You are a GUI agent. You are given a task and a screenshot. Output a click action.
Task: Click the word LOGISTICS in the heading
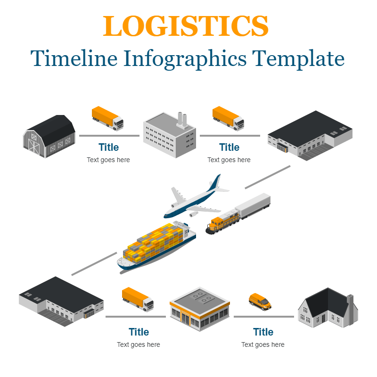[186, 26]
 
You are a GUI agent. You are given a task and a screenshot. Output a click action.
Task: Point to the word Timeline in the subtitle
[74, 58]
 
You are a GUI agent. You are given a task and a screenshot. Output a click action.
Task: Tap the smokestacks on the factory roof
[182, 120]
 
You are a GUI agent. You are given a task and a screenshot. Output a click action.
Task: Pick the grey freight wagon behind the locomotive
[253, 205]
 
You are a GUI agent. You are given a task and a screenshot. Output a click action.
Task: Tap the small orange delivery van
[260, 301]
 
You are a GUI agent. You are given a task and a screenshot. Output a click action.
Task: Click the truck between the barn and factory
[107, 118]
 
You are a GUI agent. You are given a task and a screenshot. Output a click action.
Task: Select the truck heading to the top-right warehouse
[228, 117]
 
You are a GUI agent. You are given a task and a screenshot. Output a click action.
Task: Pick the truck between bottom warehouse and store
[138, 299]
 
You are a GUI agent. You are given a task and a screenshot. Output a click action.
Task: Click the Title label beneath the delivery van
[263, 332]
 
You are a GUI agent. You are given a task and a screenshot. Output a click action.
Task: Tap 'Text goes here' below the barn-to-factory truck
[108, 160]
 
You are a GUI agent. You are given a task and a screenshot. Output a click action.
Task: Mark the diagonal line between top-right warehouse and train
[267, 177]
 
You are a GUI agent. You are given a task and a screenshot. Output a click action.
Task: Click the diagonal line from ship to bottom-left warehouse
[94, 264]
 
